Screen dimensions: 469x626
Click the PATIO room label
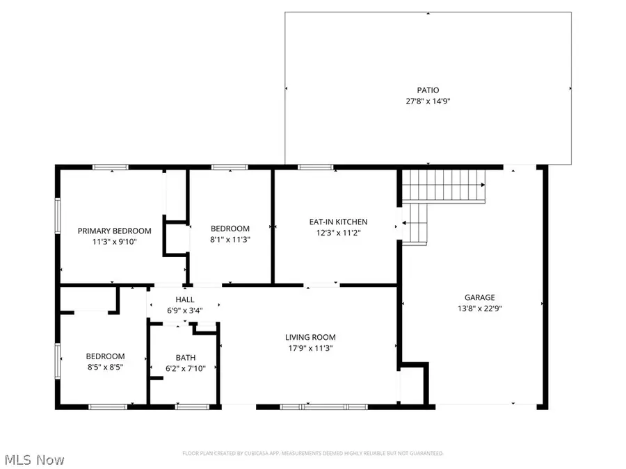pos(428,90)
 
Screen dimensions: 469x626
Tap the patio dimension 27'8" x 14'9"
pos(428,101)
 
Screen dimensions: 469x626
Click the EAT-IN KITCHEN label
pos(338,222)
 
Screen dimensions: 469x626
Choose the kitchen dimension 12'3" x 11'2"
pos(338,233)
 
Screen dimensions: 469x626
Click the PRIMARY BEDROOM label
pos(114,231)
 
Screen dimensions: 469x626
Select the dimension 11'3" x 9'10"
pos(114,242)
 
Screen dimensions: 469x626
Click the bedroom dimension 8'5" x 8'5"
pos(105,368)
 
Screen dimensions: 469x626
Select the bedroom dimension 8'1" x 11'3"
pos(230,240)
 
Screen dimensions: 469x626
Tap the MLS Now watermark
pos(34,460)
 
